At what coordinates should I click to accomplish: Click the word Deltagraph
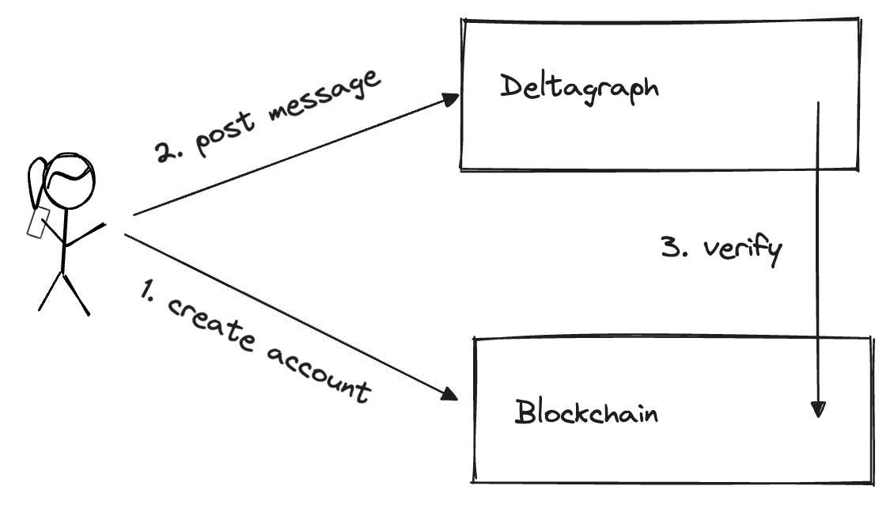(579, 89)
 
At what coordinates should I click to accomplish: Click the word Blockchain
(586, 412)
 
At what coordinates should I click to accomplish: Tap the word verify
(742, 250)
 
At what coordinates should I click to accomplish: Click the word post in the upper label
(224, 134)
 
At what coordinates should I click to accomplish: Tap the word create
(211, 322)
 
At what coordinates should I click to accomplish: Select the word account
(318, 374)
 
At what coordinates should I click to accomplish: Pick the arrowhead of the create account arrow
(449, 393)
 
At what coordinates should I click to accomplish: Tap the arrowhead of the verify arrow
(818, 409)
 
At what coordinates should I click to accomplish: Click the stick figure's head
(70, 181)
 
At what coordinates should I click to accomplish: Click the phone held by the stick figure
(38, 222)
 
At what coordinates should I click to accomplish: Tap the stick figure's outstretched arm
(85, 234)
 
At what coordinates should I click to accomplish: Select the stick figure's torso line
(64, 241)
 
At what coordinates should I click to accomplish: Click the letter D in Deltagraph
(511, 85)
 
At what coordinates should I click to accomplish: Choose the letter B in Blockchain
(525, 412)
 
